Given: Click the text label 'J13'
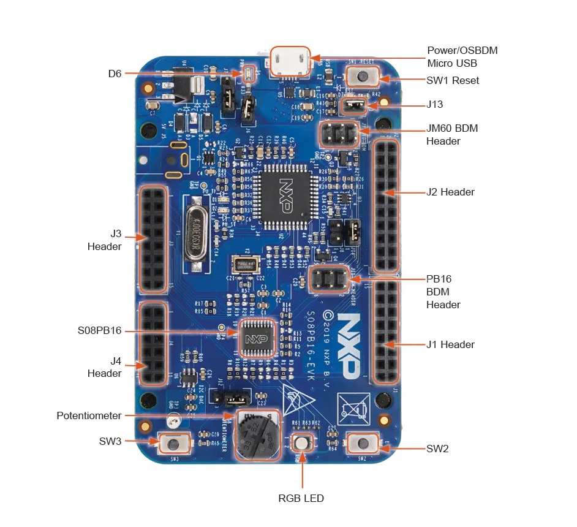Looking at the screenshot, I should click(x=434, y=104).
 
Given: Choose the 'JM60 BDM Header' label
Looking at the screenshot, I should click(x=451, y=135).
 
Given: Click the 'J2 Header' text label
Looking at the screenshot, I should click(x=450, y=192).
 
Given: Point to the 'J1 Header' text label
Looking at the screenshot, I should click(x=450, y=344).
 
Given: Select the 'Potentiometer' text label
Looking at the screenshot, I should click(x=89, y=415).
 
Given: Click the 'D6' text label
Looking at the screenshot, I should click(x=115, y=74).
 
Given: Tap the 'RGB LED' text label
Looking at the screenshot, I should click(x=301, y=498).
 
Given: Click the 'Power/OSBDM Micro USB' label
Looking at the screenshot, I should click(x=462, y=56).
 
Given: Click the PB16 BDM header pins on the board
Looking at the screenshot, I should click(x=330, y=281).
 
